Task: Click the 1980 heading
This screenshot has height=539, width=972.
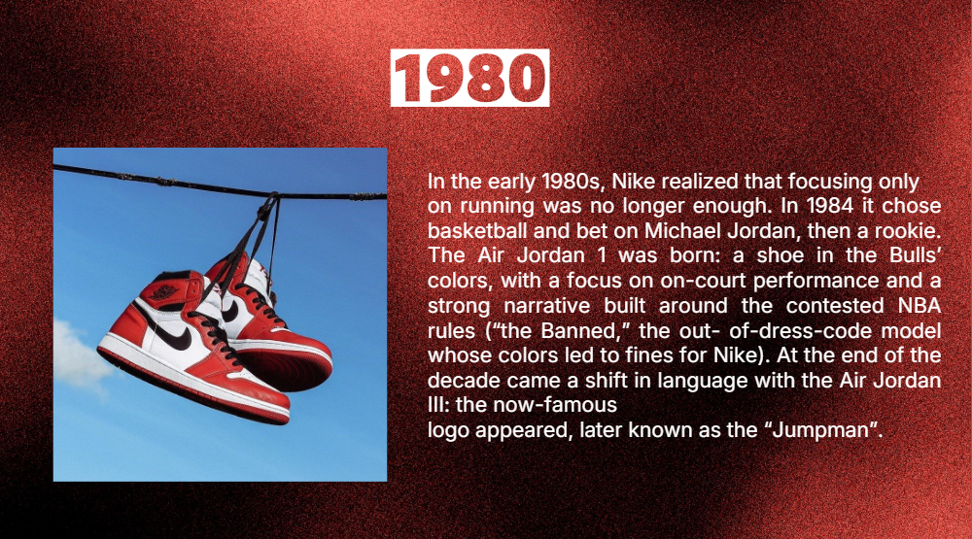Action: tap(469, 78)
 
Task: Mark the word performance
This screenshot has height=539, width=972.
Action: tap(816, 281)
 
